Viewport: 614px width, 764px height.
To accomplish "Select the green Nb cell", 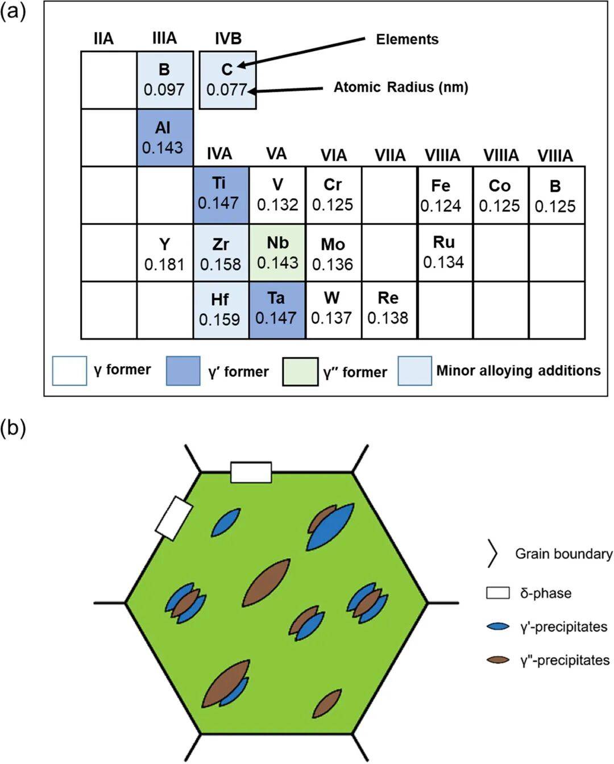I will point(277,252).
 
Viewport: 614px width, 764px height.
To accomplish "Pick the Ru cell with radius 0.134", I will point(444,252).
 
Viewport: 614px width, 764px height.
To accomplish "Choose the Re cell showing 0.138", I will point(388,309).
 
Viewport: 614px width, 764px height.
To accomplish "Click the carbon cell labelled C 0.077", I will point(227,80).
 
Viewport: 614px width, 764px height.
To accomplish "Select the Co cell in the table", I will point(500,196).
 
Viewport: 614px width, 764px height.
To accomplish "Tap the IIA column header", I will point(103,39).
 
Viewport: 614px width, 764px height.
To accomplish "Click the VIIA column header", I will point(390,155).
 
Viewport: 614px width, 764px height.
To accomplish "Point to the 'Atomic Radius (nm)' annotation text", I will point(401,88).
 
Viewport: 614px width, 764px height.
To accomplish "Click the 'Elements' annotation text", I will point(407,39).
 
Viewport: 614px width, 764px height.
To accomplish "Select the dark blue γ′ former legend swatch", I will point(183,371).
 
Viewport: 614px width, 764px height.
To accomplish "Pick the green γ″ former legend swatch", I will point(300,372).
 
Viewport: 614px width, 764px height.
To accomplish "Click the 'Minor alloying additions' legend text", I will point(518,371).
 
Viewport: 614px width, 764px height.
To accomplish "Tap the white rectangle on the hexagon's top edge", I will point(251,472).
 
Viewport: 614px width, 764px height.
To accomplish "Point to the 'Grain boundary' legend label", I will point(563,554).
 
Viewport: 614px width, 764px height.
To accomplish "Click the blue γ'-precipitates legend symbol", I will point(498,626).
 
